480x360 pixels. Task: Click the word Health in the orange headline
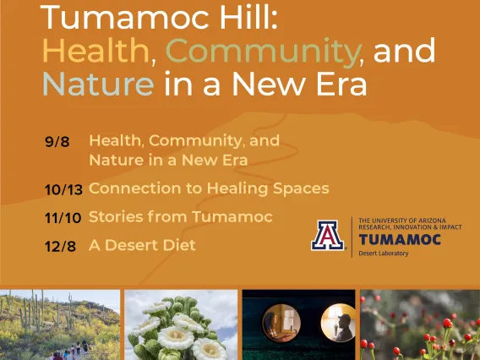click(x=95, y=50)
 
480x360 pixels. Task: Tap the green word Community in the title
click(x=263, y=52)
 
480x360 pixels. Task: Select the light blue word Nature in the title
click(x=98, y=84)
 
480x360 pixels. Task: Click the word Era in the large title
click(x=341, y=84)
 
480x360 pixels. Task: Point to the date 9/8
click(x=57, y=142)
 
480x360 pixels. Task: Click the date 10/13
click(x=63, y=189)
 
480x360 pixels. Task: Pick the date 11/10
click(x=63, y=218)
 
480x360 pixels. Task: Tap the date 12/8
click(x=60, y=246)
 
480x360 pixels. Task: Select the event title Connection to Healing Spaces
click(x=209, y=188)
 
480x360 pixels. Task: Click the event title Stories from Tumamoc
click(x=181, y=216)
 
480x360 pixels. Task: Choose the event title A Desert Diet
click(x=142, y=245)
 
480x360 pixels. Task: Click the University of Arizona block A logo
click(x=327, y=236)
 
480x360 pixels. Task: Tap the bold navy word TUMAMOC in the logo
click(x=400, y=240)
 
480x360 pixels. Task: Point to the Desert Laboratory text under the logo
click(x=384, y=254)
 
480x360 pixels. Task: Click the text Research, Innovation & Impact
click(x=410, y=227)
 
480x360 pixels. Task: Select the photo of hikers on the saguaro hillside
click(x=60, y=325)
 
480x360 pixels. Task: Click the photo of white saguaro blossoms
click(x=181, y=325)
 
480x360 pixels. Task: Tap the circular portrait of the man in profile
click(x=338, y=323)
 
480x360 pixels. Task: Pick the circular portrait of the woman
click(x=281, y=323)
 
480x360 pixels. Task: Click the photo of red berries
click(x=420, y=325)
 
